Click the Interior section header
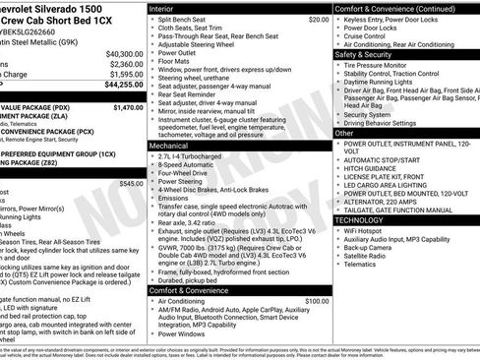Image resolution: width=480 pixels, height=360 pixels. click(x=165, y=8)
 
